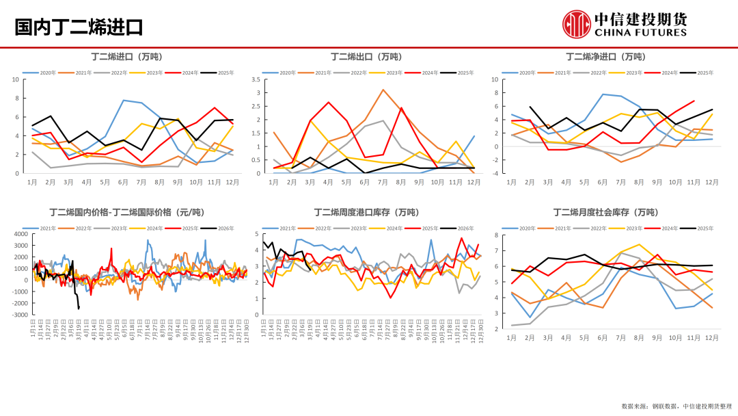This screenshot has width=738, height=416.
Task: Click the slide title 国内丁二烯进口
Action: point(79,27)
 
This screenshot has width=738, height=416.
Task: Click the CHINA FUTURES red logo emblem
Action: point(576,24)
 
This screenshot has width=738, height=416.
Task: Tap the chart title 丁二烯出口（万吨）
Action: point(366,56)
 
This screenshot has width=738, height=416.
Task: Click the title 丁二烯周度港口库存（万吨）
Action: point(366,212)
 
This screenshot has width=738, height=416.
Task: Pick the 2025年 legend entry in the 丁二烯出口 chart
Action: point(458,73)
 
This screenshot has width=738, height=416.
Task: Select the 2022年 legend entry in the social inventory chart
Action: point(592,229)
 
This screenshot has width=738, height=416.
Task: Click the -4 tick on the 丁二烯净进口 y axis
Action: point(495,173)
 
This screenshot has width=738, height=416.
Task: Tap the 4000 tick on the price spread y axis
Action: point(20,234)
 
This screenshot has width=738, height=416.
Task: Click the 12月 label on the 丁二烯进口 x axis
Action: point(233,183)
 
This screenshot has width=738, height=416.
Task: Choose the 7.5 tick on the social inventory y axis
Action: point(496,234)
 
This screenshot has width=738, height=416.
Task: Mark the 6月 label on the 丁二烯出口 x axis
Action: point(364,183)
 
